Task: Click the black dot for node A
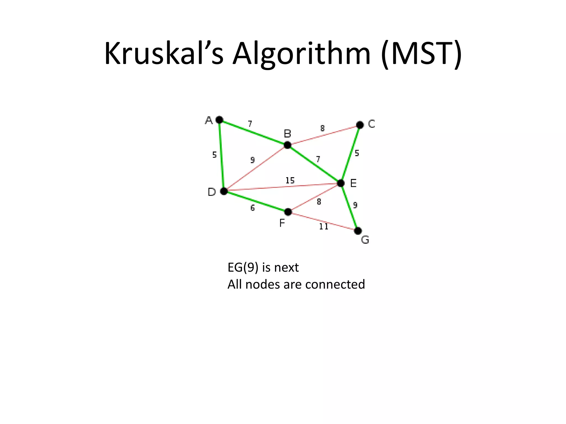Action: tap(219, 120)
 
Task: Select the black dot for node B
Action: tap(287, 145)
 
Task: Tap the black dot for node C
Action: tap(360, 125)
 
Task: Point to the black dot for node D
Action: tap(224, 191)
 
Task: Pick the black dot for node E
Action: tap(341, 183)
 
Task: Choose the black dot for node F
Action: tap(288, 212)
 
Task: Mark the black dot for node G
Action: tap(358, 230)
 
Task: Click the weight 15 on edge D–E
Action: tap(290, 181)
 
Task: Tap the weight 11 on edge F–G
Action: tap(324, 227)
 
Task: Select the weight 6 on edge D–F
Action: tap(253, 208)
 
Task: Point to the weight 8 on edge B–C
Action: tap(323, 128)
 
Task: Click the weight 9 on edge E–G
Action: tap(355, 205)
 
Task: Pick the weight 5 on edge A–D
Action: tap(214, 155)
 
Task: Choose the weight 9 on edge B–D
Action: tap(252, 160)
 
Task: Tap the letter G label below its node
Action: tap(365, 240)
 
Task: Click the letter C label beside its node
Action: tap(372, 124)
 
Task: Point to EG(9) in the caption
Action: tap(243, 267)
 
